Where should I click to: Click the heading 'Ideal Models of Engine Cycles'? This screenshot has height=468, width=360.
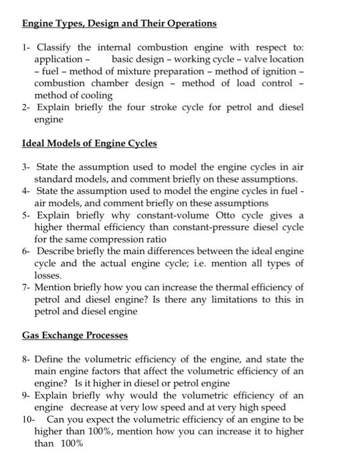pyautogui.click(x=89, y=143)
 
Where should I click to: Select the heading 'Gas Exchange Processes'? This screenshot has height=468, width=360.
pyautogui.click(x=75, y=334)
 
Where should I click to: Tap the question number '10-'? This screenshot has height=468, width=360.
pyautogui.click(x=28, y=419)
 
